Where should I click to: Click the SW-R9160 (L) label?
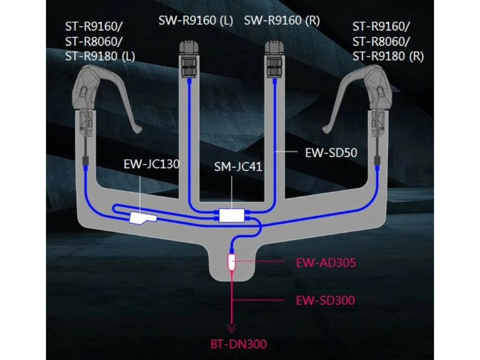(x=196, y=21)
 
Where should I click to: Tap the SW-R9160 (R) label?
(x=282, y=21)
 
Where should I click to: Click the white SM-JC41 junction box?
(x=232, y=215)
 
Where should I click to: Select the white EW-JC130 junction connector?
(x=142, y=218)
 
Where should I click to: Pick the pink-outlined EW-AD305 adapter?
(x=231, y=262)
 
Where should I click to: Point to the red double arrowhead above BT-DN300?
(x=232, y=329)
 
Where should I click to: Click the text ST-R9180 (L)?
(x=100, y=56)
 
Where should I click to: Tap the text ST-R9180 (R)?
(x=388, y=56)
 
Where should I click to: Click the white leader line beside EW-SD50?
(x=288, y=152)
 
